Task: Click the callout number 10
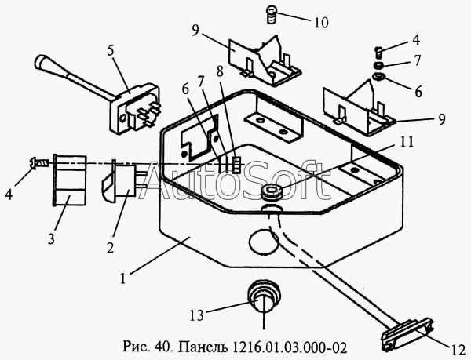click(322, 23)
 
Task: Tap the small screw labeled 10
click(272, 16)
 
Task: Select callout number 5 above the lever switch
click(111, 51)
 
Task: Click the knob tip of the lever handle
click(40, 61)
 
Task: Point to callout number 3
click(51, 238)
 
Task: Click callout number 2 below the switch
click(110, 247)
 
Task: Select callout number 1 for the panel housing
click(122, 278)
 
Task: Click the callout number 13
click(197, 315)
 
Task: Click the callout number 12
click(458, 351)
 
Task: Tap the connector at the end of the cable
click(407, 335)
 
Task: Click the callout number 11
click(406, 142)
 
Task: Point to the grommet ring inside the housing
click(272, 191)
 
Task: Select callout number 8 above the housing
click(220, 71)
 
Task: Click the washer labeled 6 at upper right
click(380, 76)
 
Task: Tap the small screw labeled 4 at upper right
click(379, 53)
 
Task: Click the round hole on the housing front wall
click(264, 241)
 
